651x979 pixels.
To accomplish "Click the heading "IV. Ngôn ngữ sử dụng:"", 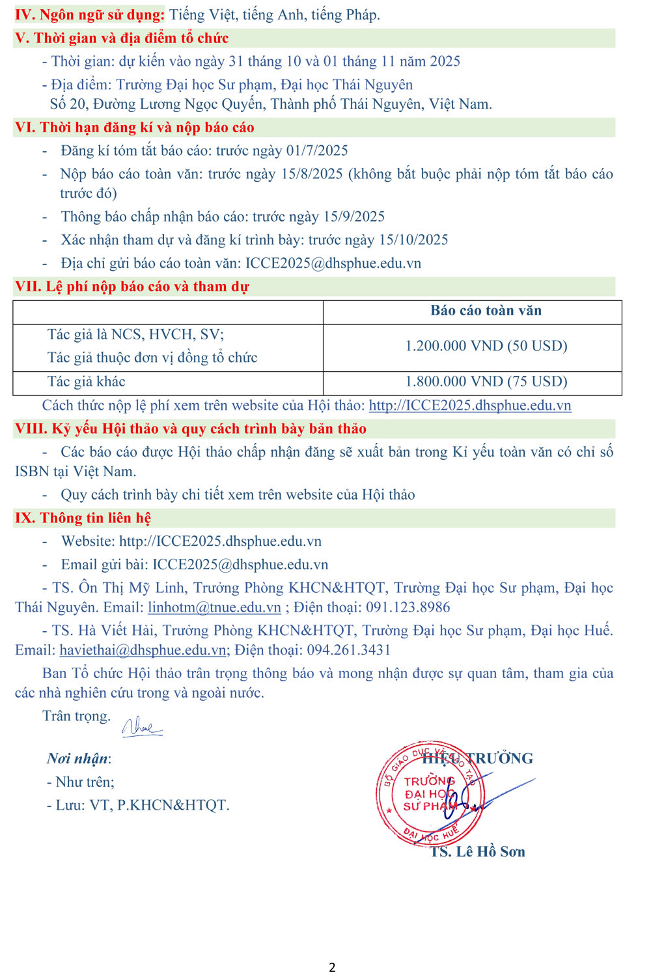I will tap(90, 14).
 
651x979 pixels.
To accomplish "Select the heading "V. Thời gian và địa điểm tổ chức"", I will tap(122, 38).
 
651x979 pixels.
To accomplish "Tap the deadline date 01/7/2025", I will tap(317, 150).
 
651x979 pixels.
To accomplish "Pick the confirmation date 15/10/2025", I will tap(413, 240).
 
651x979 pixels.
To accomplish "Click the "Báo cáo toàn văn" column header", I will tap(486, 311).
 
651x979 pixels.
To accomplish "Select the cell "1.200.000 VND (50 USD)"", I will tap(486, 346).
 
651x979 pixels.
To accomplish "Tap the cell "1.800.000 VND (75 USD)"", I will tap(486, 382).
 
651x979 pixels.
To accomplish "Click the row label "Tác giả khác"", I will tap(86, 382).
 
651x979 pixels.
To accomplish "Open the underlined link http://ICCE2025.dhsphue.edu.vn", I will tap(470, 405).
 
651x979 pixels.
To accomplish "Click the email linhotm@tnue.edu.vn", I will tap(214, 608).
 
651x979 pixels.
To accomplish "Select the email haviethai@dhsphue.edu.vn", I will tap(143, 650).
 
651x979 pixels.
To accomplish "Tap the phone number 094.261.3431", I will tap(349, 650).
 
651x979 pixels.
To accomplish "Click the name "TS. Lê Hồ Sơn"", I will tap(477, 852).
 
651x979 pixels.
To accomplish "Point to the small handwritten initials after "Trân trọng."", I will tap(141, 726).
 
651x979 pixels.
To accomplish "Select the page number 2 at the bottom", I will tap(332, 967).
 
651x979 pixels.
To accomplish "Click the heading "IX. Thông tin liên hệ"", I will tap(83, 518).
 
